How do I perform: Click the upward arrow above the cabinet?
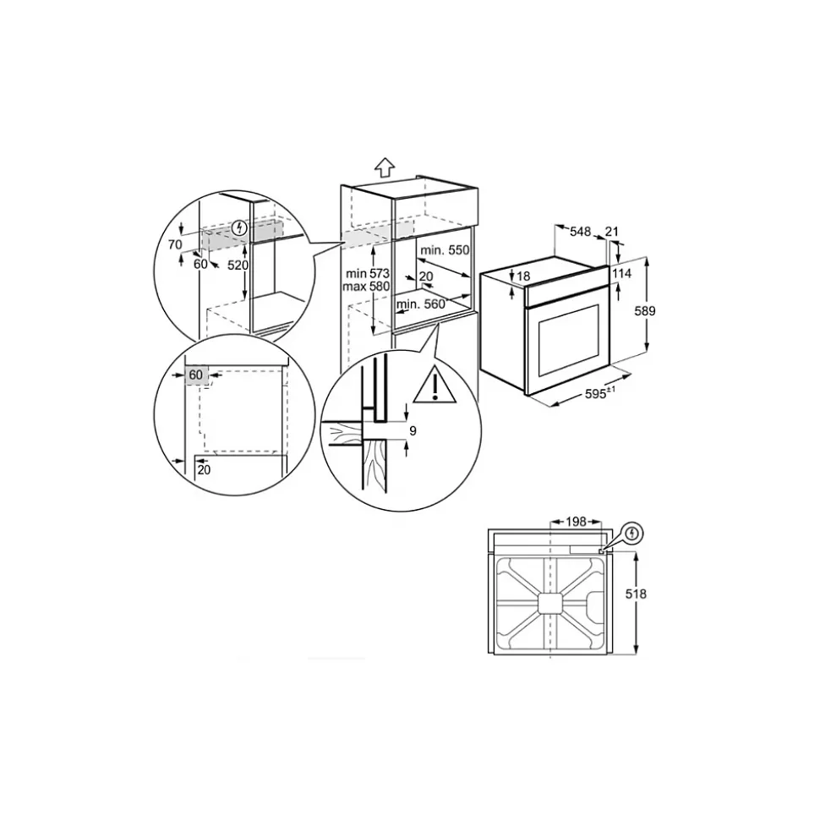(x=385, y=167)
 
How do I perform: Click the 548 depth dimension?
(x=580, y=232)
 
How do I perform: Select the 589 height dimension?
(x=645, y=311)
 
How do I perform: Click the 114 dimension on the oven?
(x=621, y=273)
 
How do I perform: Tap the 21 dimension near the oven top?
(x=611, y=232)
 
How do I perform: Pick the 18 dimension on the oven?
(x=523, y=276)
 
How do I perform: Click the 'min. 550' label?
(x=446, y=250)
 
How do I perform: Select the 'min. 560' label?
(x=420, y=304)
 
